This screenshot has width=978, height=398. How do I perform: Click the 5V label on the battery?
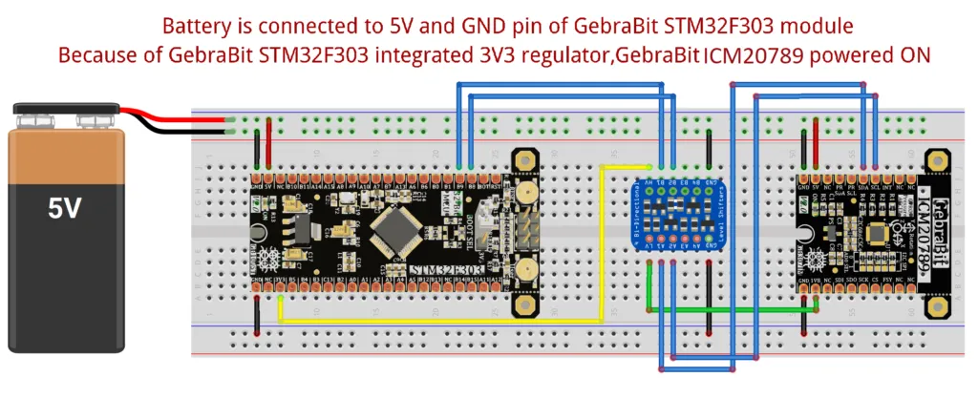click(x=64, y=208)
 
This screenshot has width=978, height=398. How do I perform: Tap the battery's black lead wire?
click(x=181, y=131)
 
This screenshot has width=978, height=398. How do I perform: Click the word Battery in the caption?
click(x=196, y=25)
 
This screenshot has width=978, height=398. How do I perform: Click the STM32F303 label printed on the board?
click(x=447, y=273)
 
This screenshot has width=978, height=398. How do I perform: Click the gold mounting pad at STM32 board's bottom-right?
click(x=525, y=304)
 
